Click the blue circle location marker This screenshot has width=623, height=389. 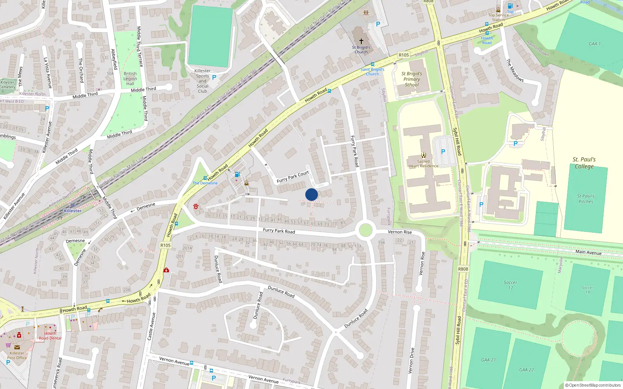[x=311, y=194]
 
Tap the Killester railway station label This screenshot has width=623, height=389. [x=73, y=211]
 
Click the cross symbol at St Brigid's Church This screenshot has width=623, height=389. [x=361, y=41]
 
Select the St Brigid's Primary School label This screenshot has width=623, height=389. [x=412, y=79]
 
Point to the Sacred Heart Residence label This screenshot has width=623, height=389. [x=423, y=164]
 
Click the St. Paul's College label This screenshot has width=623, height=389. [x=584, y=163]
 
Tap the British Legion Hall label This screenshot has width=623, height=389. [x=130, y=79]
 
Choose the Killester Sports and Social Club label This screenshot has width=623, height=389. [x=202, y=81]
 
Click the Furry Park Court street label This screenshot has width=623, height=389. [x=293, y=177]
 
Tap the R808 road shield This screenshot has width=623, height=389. [x=463, y=269]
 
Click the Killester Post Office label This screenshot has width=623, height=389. [x=17, y=356]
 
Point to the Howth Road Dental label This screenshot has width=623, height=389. [x=50, y=336]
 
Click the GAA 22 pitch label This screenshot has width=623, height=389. [x=526, y=370]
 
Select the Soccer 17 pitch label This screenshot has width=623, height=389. [x=510, y=285]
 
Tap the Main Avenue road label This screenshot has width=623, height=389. [x=588, y=252]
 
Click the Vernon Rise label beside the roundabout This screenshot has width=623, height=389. [x=399, y=232]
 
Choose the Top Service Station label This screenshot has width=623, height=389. [x=498, y=17]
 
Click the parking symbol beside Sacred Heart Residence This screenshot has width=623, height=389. [x=443, y=152]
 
